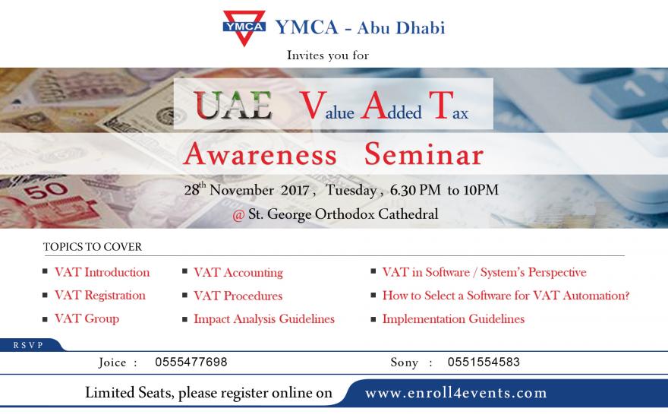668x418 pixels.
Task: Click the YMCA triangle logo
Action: pyautogui.click(x=244, y=27)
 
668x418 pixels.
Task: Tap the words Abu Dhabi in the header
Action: pyautogui.click(x=401, y=27)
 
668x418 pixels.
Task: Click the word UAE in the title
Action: pyautogui.click(x=233, y=105)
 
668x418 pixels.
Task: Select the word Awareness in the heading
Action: pyautogui.click(x=260, y=154)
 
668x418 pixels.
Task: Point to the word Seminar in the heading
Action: pyautogui.click(x=424, y=154)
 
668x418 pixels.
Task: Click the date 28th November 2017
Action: pyautogui.click(x=247, y=189)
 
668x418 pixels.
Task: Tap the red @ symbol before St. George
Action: pyautogui.click(x=238, y=215)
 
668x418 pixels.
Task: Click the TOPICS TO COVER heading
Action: pyautogui.click(x=93, y=247)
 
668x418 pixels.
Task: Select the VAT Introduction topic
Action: pyautogui.click(x=102, y=272)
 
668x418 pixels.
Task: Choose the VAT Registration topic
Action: pyautogui.click(x=100, y=295)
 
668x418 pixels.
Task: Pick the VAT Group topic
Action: pyautogui.click(x=87, y=318)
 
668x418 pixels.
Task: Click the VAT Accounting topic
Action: pyautogui.click(x=238, y=273)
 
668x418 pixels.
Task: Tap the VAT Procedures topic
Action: pyautogui.click(x=238, y=296)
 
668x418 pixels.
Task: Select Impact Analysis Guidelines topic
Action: pyautogui.click(x=264, y=319)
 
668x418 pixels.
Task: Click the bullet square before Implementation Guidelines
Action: pyautogui.click(x=373, y=319)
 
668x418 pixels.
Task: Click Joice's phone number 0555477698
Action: pyautogui.click(x=191, y=362)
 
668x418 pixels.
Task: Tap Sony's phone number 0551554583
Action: pyautogui.click(x=484, y=362)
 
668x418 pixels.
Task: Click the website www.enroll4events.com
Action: pyautogui.click(x=456, y=393)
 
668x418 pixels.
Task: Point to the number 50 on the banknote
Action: pyautogui.click(x=46, y=190)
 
